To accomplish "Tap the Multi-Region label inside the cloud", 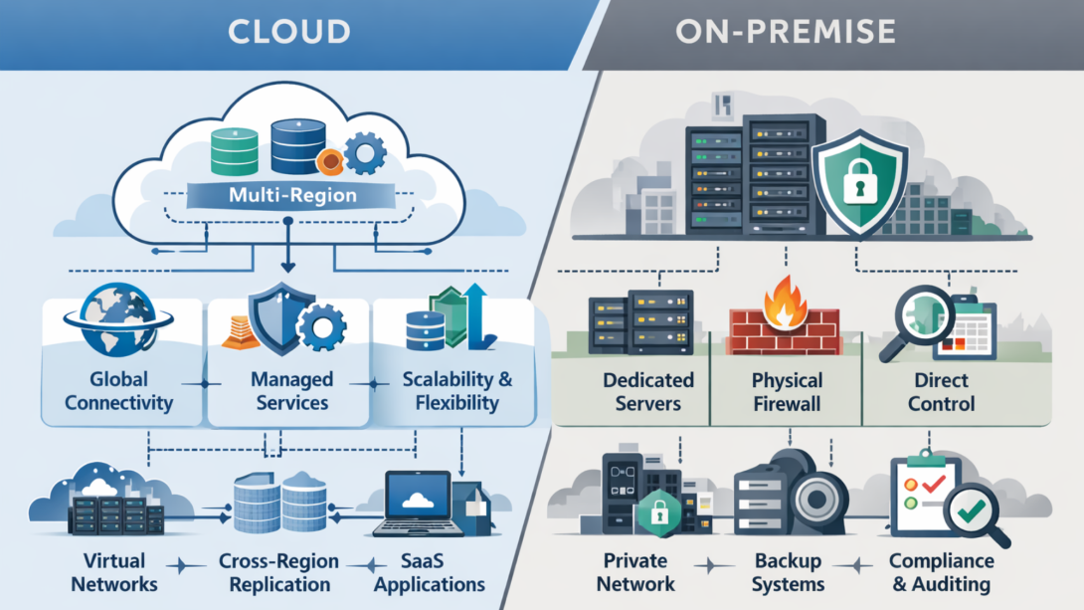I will pos(291,194).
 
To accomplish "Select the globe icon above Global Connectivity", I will pos(116,320).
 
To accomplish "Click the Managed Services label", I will pos(290,391).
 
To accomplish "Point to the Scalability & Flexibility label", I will pos(456,391).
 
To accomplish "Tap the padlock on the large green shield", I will pos(858,186).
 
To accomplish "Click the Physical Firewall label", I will pos(787,392).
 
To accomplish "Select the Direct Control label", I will pos(943,392).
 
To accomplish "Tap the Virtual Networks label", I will pos(114,572).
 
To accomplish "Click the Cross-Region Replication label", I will pos(279,572).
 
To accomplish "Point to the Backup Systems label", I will pos(787,572).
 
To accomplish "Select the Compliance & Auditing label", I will pos(942,572).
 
